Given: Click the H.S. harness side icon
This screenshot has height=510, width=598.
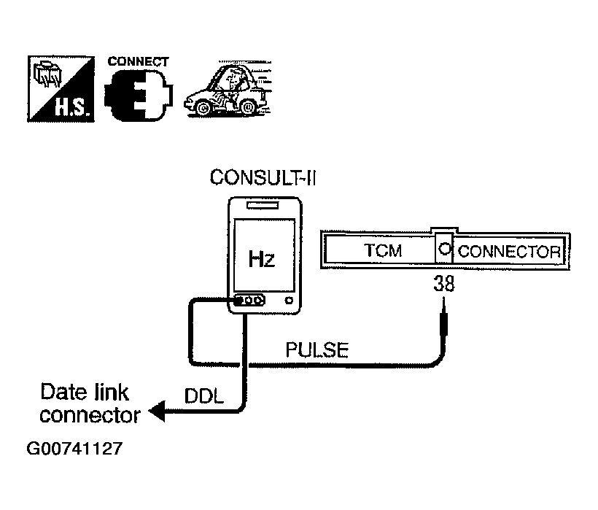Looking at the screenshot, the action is pos(61,89).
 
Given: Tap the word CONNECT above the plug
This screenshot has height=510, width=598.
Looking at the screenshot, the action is pos(138,61).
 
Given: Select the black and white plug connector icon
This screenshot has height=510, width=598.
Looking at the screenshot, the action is pos(139,96).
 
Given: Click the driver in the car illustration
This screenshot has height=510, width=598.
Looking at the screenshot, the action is pos(230,87).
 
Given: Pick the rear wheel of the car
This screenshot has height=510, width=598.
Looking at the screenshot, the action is pos(247,107).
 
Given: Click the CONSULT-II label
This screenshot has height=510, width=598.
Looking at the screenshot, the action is pos(263,178).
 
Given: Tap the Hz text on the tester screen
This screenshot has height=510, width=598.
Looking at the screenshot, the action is pos(262,258).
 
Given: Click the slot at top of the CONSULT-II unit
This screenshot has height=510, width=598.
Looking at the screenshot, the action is pos(263,205).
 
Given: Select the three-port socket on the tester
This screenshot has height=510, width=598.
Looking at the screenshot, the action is pos(249,300).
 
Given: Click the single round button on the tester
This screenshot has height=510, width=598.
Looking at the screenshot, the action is pos(289,301).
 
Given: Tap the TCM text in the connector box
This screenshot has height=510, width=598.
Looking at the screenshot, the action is pos(383,250).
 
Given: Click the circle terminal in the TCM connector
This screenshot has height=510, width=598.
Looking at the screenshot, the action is pos(444,249).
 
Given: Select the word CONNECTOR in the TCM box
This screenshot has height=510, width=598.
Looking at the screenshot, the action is pos(509,252).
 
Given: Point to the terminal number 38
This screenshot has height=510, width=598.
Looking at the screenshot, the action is pos(444,284).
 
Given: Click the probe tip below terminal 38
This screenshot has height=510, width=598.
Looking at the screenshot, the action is pos(443,298).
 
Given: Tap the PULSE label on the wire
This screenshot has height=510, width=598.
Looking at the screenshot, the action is pos(317,349).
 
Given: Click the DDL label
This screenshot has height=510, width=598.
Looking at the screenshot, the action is pos(204,396).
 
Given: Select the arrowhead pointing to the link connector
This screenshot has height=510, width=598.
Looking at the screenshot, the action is pos(157,412).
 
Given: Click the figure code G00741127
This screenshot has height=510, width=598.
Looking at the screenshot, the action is pos(74,448).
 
